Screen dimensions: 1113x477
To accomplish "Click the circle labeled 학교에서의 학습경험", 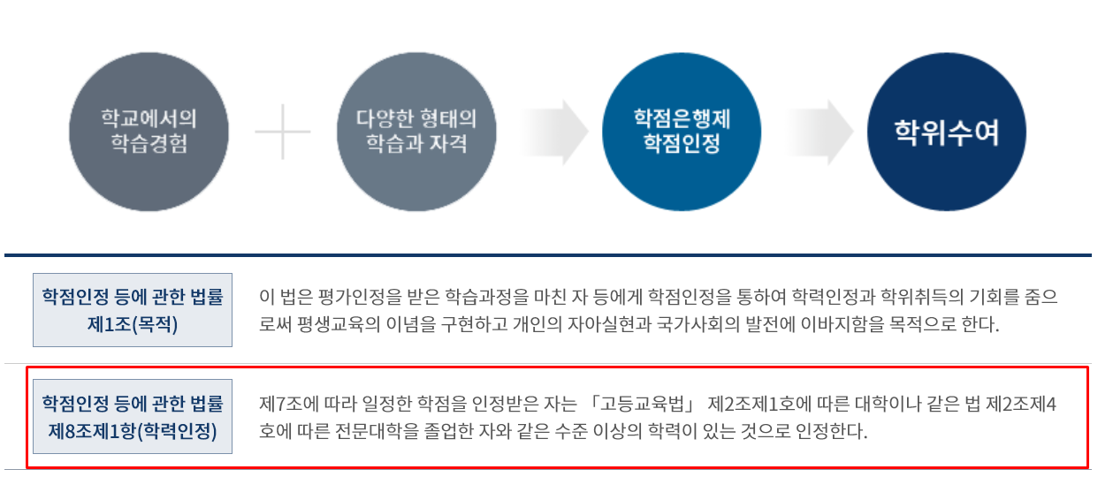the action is (149, 132).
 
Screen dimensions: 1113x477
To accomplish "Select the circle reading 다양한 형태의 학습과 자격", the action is (416, 132).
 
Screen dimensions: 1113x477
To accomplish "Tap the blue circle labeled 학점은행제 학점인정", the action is (682, 132).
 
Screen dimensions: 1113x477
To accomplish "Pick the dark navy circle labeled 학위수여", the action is (947, 132).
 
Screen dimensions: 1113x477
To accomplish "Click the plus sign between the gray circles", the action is (283, 132).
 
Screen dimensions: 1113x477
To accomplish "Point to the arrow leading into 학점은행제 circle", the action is (554, 132).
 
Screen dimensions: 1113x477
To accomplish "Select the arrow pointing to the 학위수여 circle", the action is (820, 132).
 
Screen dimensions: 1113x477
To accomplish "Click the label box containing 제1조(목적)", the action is (133, 310).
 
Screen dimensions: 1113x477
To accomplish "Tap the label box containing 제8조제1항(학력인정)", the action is (133, 416).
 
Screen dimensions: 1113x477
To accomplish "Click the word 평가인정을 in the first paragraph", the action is (359, 297).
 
